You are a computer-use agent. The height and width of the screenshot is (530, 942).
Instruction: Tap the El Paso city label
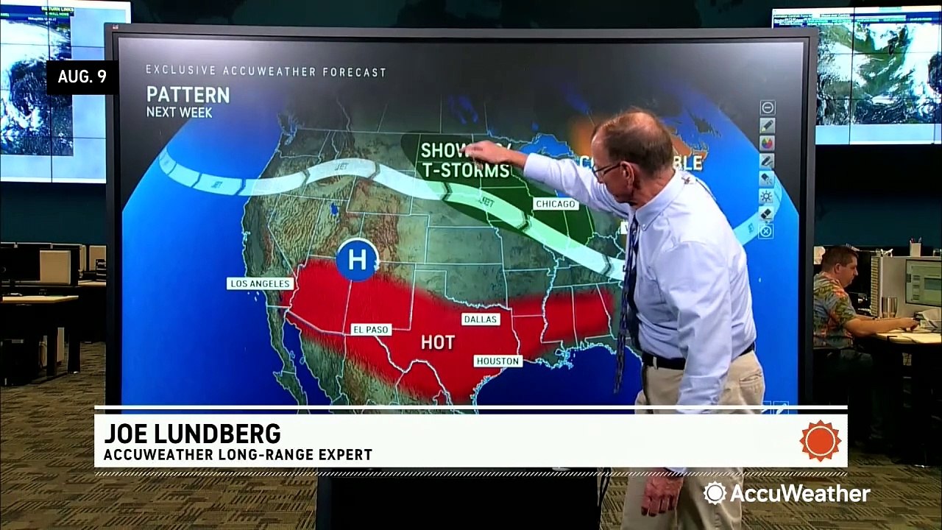[x=370, y=329]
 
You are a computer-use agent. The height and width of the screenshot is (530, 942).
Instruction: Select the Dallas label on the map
[x=480, y=319]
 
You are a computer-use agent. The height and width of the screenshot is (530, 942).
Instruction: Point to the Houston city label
[x=498, y=361]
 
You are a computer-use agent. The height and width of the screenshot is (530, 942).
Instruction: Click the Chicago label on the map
[x=556, y=204]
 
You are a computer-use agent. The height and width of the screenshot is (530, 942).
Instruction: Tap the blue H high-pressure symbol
[x=357, y=259]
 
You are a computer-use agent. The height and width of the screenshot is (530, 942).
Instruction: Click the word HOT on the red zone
[x=437, y=342]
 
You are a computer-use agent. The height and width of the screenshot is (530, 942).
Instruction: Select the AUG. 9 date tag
[x=82, y=77]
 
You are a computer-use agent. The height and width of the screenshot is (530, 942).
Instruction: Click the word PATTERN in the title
[x=188, y=95]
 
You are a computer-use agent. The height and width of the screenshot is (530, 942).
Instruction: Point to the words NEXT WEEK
[x=179, y=113]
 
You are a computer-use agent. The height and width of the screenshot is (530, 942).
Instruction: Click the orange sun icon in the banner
[x=820, y=440]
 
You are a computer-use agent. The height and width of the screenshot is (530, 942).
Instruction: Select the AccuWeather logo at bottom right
[x=787, y=492]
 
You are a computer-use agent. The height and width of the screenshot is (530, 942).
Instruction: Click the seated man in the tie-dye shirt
[x=839, y=294]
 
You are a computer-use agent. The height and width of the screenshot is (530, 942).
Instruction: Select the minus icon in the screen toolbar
[x=767, y=107]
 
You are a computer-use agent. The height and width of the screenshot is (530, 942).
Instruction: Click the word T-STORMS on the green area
[x=464, y=171]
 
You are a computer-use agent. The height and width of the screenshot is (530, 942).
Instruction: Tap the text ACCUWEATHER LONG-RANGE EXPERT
[x=238, y=455]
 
